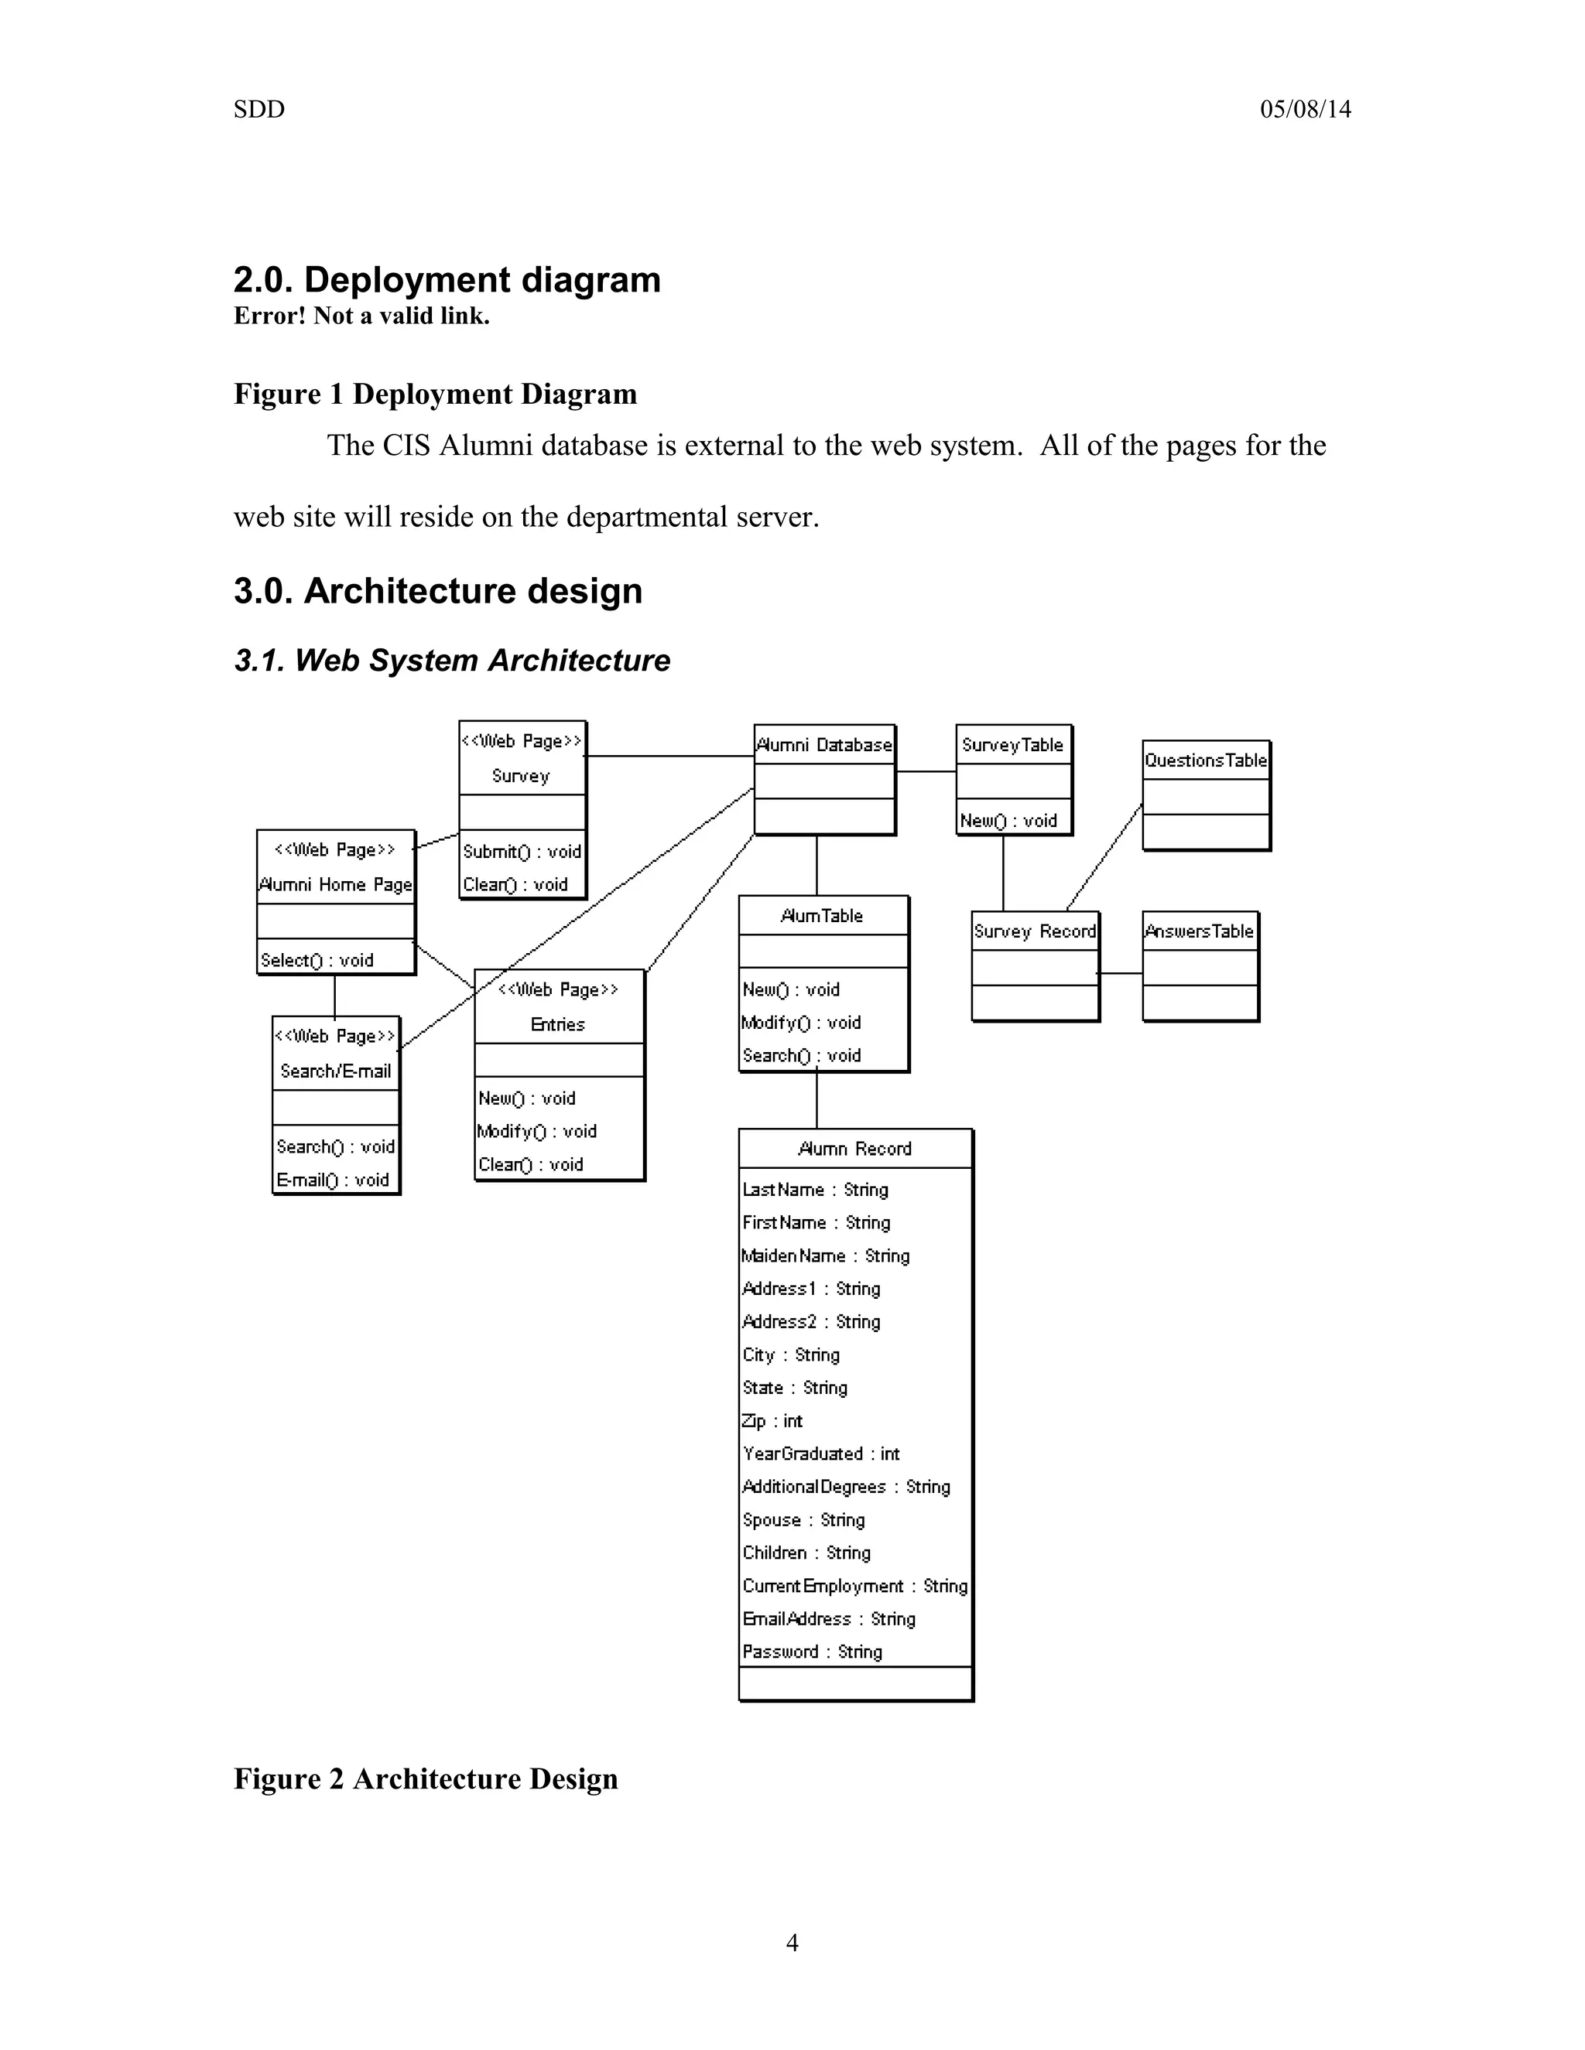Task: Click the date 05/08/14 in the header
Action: pyautogui.click(x=1305, y=110)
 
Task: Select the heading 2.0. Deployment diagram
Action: pyautogui.click(x=447, y=280)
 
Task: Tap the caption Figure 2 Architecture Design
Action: pyautogui.click(x=426, y=1778)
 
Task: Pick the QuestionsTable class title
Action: pyautogui.click(x=1206, y=760)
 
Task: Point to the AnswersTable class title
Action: pyautogui.click(x=1199, y=931)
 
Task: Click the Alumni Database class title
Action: pyautogui.click(x=824, y=745)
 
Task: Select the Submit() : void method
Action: pyautogui.click(x=522, y=852)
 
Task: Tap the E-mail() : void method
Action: pyautogui.click(x=332, y=1180)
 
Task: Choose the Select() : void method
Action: pyautogui.click(x=317, y=960)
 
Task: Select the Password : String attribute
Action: pyautogui.click(x=812, y=1652)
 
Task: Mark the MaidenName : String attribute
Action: pyautogui.click(x=825, y=1256)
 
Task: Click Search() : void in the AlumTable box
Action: pyautogui.click(x=802, y=1056)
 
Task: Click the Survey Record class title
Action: pyautogui.click(x=1035, y=931)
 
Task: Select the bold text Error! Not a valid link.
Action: pyautogui.click(x=361, y=316)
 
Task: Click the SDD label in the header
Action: pyautogui.click(x=259, y=110)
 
